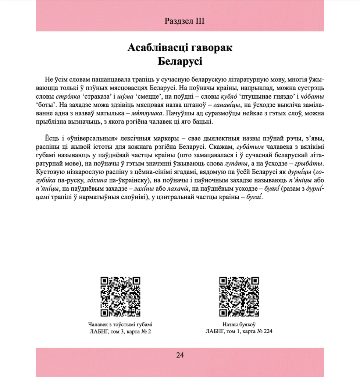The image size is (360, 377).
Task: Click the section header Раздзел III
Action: [185, 21]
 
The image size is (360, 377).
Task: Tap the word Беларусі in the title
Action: [180, 61]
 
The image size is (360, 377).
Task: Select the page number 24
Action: [180, 355]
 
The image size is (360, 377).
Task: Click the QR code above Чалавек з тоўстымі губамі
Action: [120, 296]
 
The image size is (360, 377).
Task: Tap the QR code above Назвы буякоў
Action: [239, 296]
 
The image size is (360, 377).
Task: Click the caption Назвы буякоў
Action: [239, 324]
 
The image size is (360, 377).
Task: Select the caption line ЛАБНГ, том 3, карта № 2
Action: [120, 331]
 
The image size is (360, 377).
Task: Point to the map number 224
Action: [267, 331]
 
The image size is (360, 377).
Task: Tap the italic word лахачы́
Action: [178, 190]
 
